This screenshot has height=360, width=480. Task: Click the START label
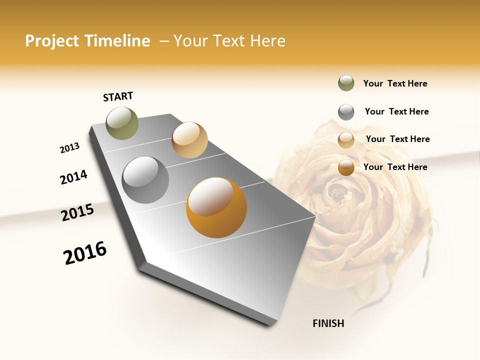[x=118, y=96]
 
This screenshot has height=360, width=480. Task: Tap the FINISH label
[x=328, y=323]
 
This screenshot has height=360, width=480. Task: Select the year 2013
[x=69, y=148]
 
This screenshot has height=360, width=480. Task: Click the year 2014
[x=73, y=177]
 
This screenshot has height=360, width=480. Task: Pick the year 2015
[x=77, y=212]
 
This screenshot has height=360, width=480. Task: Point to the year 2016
[x=85, y=252]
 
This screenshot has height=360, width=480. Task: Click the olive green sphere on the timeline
[x=122, y=123]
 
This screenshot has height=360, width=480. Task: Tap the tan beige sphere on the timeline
[x=189, y=140]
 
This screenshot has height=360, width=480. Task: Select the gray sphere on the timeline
[x=145, y=180]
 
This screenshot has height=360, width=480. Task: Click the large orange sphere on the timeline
[x=216, y=207]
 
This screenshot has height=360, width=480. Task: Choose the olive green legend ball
[x=346, y=83]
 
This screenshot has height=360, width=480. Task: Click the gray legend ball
[x=346, y=112]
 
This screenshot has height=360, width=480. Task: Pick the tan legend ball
[x=346, y=140]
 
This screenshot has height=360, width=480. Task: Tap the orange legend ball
[x=346, y=167]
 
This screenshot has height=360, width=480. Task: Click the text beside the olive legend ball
[x=395, y=83]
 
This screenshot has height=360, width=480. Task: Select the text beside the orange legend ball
[x=395, y=167]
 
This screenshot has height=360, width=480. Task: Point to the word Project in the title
[x=51, y=41]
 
